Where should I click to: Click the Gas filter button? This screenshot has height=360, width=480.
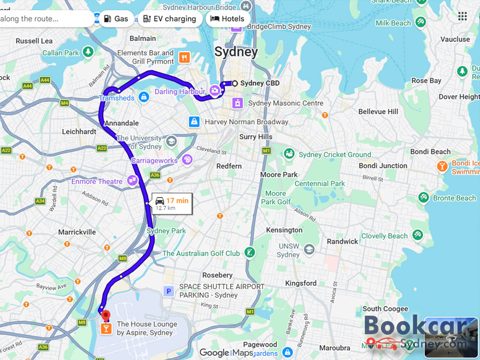point(115,19)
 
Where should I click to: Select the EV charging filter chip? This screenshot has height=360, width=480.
point(170,19)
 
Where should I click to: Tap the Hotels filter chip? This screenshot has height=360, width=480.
point(228,19)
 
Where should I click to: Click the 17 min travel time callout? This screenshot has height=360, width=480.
point(172,203)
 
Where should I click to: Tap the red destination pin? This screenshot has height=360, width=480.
point(106,316)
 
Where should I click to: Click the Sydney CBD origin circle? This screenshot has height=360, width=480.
point(235,83)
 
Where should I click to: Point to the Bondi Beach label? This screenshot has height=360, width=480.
point(431,152)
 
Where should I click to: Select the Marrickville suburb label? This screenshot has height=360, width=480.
point(77,232)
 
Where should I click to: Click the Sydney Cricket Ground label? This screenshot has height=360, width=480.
point(335,155)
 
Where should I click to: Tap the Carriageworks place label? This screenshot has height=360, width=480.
point(155,161)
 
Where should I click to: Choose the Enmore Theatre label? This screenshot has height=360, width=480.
point(97,181)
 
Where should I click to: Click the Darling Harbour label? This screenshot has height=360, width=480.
point(179,92)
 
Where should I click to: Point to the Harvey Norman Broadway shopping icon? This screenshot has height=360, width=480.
point(194,122)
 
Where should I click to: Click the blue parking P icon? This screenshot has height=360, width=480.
point(169,291)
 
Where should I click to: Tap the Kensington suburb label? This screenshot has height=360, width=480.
point(284,230)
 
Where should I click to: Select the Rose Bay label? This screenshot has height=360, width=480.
point(427,80)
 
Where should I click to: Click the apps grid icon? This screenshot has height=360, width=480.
point(462,16)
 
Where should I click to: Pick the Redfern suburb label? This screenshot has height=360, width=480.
point(229,166)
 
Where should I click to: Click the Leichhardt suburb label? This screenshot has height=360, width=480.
point(79,131)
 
